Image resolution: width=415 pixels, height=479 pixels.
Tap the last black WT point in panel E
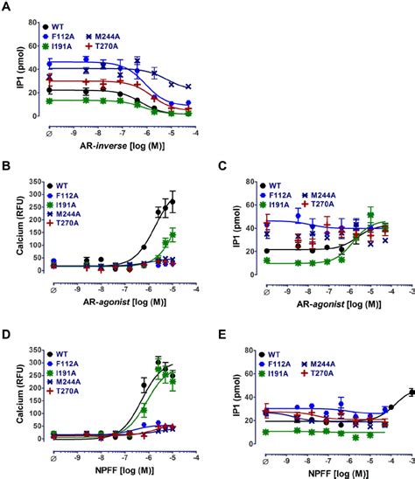(411, 392)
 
